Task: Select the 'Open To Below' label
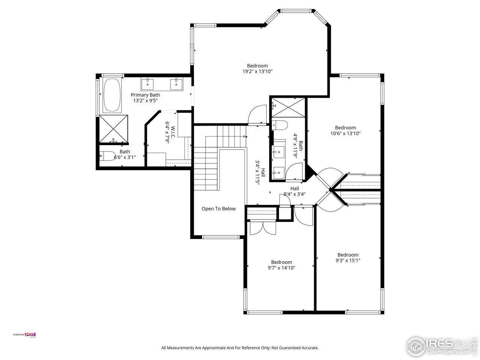pyautogui.click(x=219, y=209)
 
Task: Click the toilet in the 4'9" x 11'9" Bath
pyautogui.click(x=280, y=125)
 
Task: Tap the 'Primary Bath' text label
pyautogui.click(x=145, y=95)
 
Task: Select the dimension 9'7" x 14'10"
pyautogui.click(x=282, y=268)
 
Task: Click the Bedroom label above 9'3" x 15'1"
pyautogui.click(x=348, y=255)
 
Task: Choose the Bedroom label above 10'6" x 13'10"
pyautogui.click(x=345, y=127)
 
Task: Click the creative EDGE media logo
pyautogui.click(x=25, y=335)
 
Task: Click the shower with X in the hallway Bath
pyautogui.click(x=288, y=107)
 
